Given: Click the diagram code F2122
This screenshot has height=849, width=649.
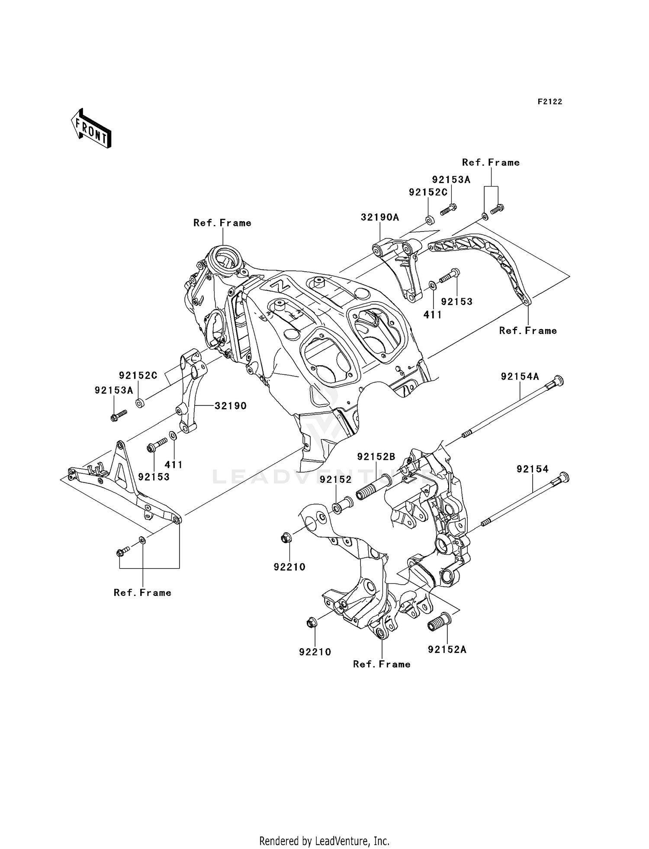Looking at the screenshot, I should point(549,102).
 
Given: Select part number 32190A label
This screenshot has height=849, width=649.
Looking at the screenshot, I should point(380,217).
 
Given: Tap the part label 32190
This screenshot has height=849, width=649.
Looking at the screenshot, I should point(230,405).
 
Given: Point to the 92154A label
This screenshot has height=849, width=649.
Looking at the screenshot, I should point(520,376).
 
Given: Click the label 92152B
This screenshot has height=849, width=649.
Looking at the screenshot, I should point(376,457).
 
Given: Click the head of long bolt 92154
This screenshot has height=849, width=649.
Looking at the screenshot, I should point(563,477).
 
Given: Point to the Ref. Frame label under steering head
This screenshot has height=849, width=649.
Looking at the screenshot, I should point(222,223).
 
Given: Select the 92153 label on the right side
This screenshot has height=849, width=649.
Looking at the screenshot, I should point(456,302).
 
